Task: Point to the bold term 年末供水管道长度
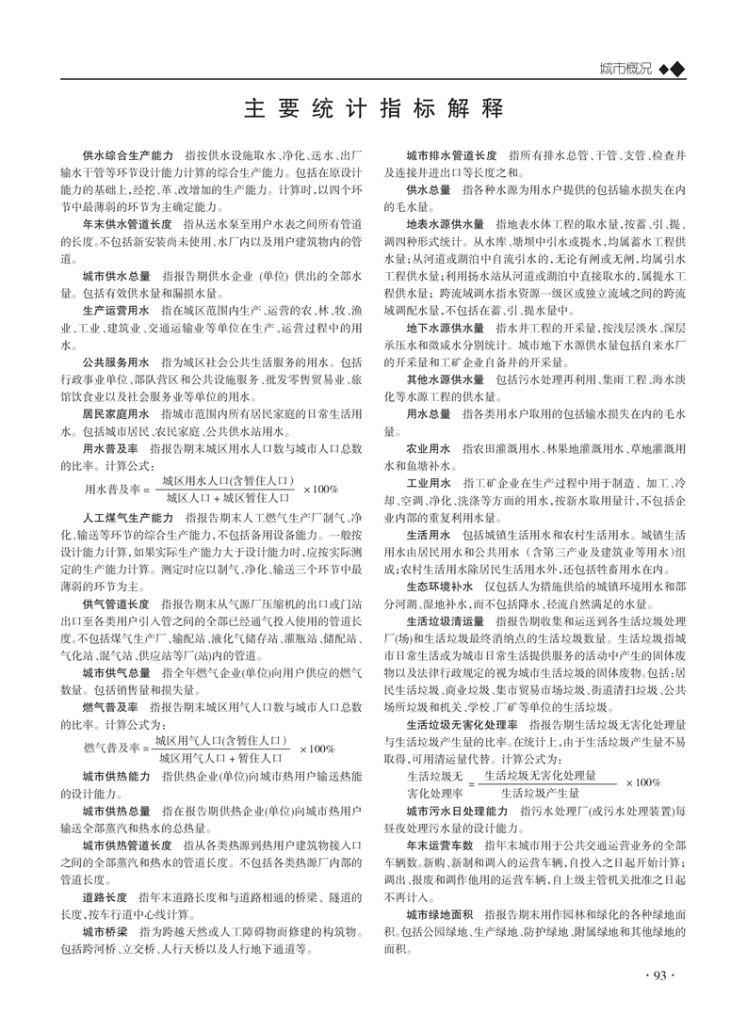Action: click(126, 225)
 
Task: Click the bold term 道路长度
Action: click(105, 897)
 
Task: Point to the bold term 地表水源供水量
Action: click(446, 225)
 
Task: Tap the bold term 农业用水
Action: click(429, 447)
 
